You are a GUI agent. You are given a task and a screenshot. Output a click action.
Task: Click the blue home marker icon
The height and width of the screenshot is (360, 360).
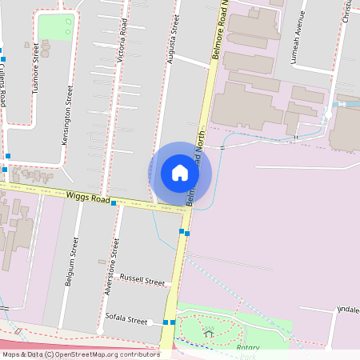point(180,173)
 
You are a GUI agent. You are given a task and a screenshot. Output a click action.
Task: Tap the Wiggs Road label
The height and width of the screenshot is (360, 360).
point(87,197)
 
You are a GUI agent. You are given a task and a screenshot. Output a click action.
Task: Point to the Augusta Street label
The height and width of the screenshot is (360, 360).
point(172,33)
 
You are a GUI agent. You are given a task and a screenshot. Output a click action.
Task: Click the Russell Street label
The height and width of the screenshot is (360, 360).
point(142,280)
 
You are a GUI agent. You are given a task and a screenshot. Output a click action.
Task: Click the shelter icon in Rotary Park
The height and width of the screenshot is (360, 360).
point(209,332)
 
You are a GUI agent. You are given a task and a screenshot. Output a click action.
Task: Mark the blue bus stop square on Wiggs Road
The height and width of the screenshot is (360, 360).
point(114,203)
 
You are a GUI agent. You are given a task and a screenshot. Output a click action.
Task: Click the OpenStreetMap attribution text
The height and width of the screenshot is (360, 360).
point(80,354)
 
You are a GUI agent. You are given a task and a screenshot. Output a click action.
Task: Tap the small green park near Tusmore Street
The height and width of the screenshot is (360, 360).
point(55,26)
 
